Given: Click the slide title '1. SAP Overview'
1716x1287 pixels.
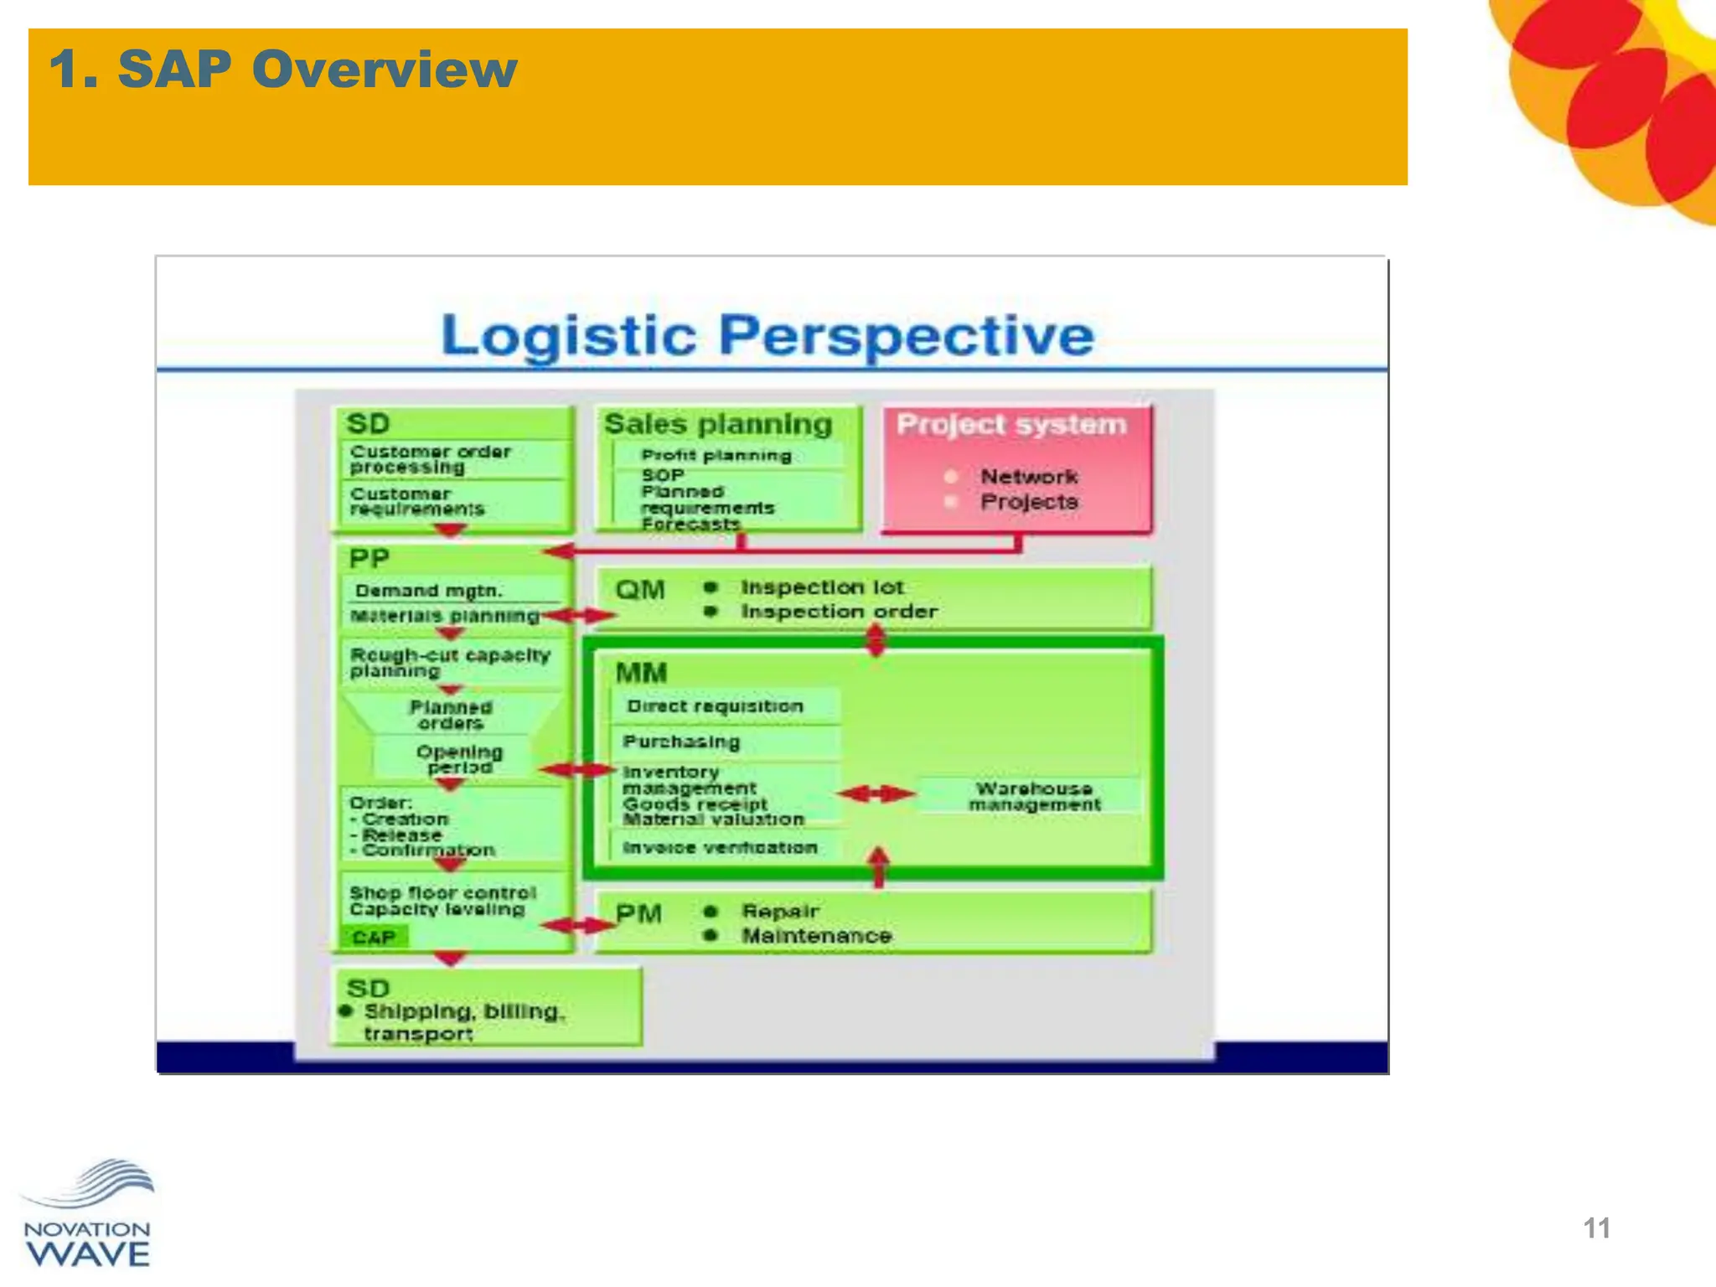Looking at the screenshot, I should click(x=283, y=69).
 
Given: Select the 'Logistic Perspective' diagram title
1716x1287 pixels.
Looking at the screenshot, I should click(x=767, y=335).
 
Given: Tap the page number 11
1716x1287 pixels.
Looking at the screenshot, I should click(x=1596, y=1228).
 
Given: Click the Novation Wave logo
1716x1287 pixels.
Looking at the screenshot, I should click(x=87, y=1214).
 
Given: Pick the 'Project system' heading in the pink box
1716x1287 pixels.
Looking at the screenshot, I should click(x=1011, y=424).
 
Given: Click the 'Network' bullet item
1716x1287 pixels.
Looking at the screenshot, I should click(x=1028, y=477).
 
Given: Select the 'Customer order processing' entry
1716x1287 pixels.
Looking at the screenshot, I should click(x=430, y=459).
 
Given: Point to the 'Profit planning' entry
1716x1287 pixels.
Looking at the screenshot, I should click(x=716, y=456).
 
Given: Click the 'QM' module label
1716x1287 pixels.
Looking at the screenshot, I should click(x=640, y=590).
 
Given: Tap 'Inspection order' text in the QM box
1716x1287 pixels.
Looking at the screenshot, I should click(x=839, y=612).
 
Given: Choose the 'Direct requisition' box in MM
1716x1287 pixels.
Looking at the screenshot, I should click(x=715, y=706).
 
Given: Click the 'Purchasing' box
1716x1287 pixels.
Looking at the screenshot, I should click(x=681, y=742).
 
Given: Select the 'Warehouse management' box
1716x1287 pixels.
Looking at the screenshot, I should click(x=1034, y=796).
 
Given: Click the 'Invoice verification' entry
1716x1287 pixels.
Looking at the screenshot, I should click(x=719, y=848).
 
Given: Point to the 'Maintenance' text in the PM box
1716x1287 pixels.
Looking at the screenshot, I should click(x=816, y=936).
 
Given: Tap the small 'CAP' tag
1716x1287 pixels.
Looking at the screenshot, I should click(x=374, y=937).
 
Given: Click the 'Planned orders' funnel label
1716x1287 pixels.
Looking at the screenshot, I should click(x=451, y=715).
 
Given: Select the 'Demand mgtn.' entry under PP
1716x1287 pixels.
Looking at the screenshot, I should click(x=428, y=591).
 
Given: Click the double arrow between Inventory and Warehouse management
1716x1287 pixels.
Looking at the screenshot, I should click(x=876, y=793).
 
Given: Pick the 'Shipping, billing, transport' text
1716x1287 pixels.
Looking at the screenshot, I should click(x=463, y=1022).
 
